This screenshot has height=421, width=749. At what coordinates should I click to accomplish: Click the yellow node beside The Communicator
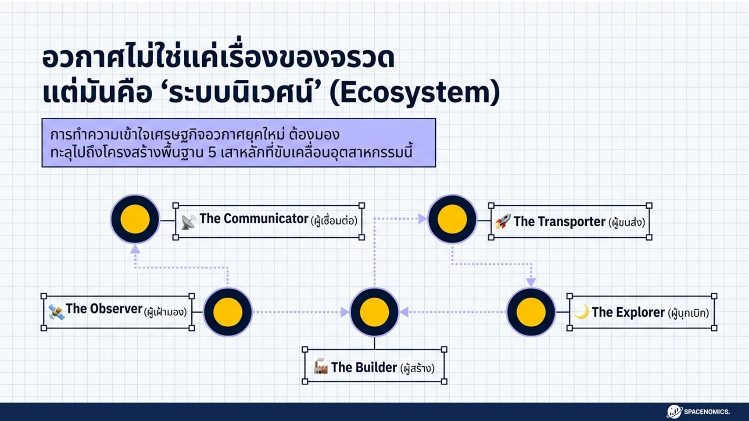point(135,219)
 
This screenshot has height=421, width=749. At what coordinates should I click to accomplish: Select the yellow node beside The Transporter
point(452,219)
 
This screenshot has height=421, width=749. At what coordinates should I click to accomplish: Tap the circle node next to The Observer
point(228,312)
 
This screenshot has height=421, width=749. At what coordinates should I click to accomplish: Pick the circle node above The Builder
point(374,312)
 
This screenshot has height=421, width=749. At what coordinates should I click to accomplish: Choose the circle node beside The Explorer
point(531,312)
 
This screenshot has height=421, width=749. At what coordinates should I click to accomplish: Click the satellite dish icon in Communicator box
point(189,221)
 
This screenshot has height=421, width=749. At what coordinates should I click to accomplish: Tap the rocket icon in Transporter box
point(503,221)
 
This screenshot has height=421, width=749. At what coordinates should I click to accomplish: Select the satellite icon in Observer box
point(57,312)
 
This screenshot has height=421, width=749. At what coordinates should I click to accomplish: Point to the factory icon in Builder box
point(321,366)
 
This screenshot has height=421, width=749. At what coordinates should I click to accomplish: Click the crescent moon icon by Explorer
point(581,312)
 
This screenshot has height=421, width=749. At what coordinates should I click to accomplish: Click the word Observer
point(117,309)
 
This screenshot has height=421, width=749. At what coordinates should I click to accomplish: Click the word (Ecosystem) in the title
point(415,93)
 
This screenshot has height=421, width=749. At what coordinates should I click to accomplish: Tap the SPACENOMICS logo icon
point(674,411)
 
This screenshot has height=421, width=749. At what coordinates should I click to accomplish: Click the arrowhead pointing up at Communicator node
point(136,249)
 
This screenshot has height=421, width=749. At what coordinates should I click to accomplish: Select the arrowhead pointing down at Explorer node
point(531,282)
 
